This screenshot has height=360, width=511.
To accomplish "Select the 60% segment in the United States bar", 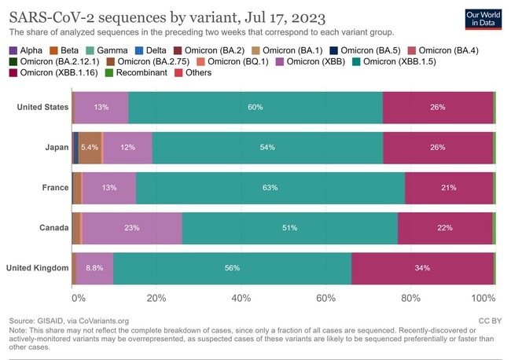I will coord(255,107).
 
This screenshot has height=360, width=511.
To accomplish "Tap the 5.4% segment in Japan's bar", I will coord(90,147).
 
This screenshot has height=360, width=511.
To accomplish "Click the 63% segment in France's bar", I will coord(270,188).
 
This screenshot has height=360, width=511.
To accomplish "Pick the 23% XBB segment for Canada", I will coord(131,228).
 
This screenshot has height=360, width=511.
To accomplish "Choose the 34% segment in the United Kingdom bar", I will coord(422,268).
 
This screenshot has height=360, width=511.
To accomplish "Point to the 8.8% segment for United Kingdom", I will coord(94,268).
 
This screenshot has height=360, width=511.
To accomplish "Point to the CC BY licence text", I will coord(490,321).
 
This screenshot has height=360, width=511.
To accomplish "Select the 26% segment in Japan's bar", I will coord(438,147).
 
